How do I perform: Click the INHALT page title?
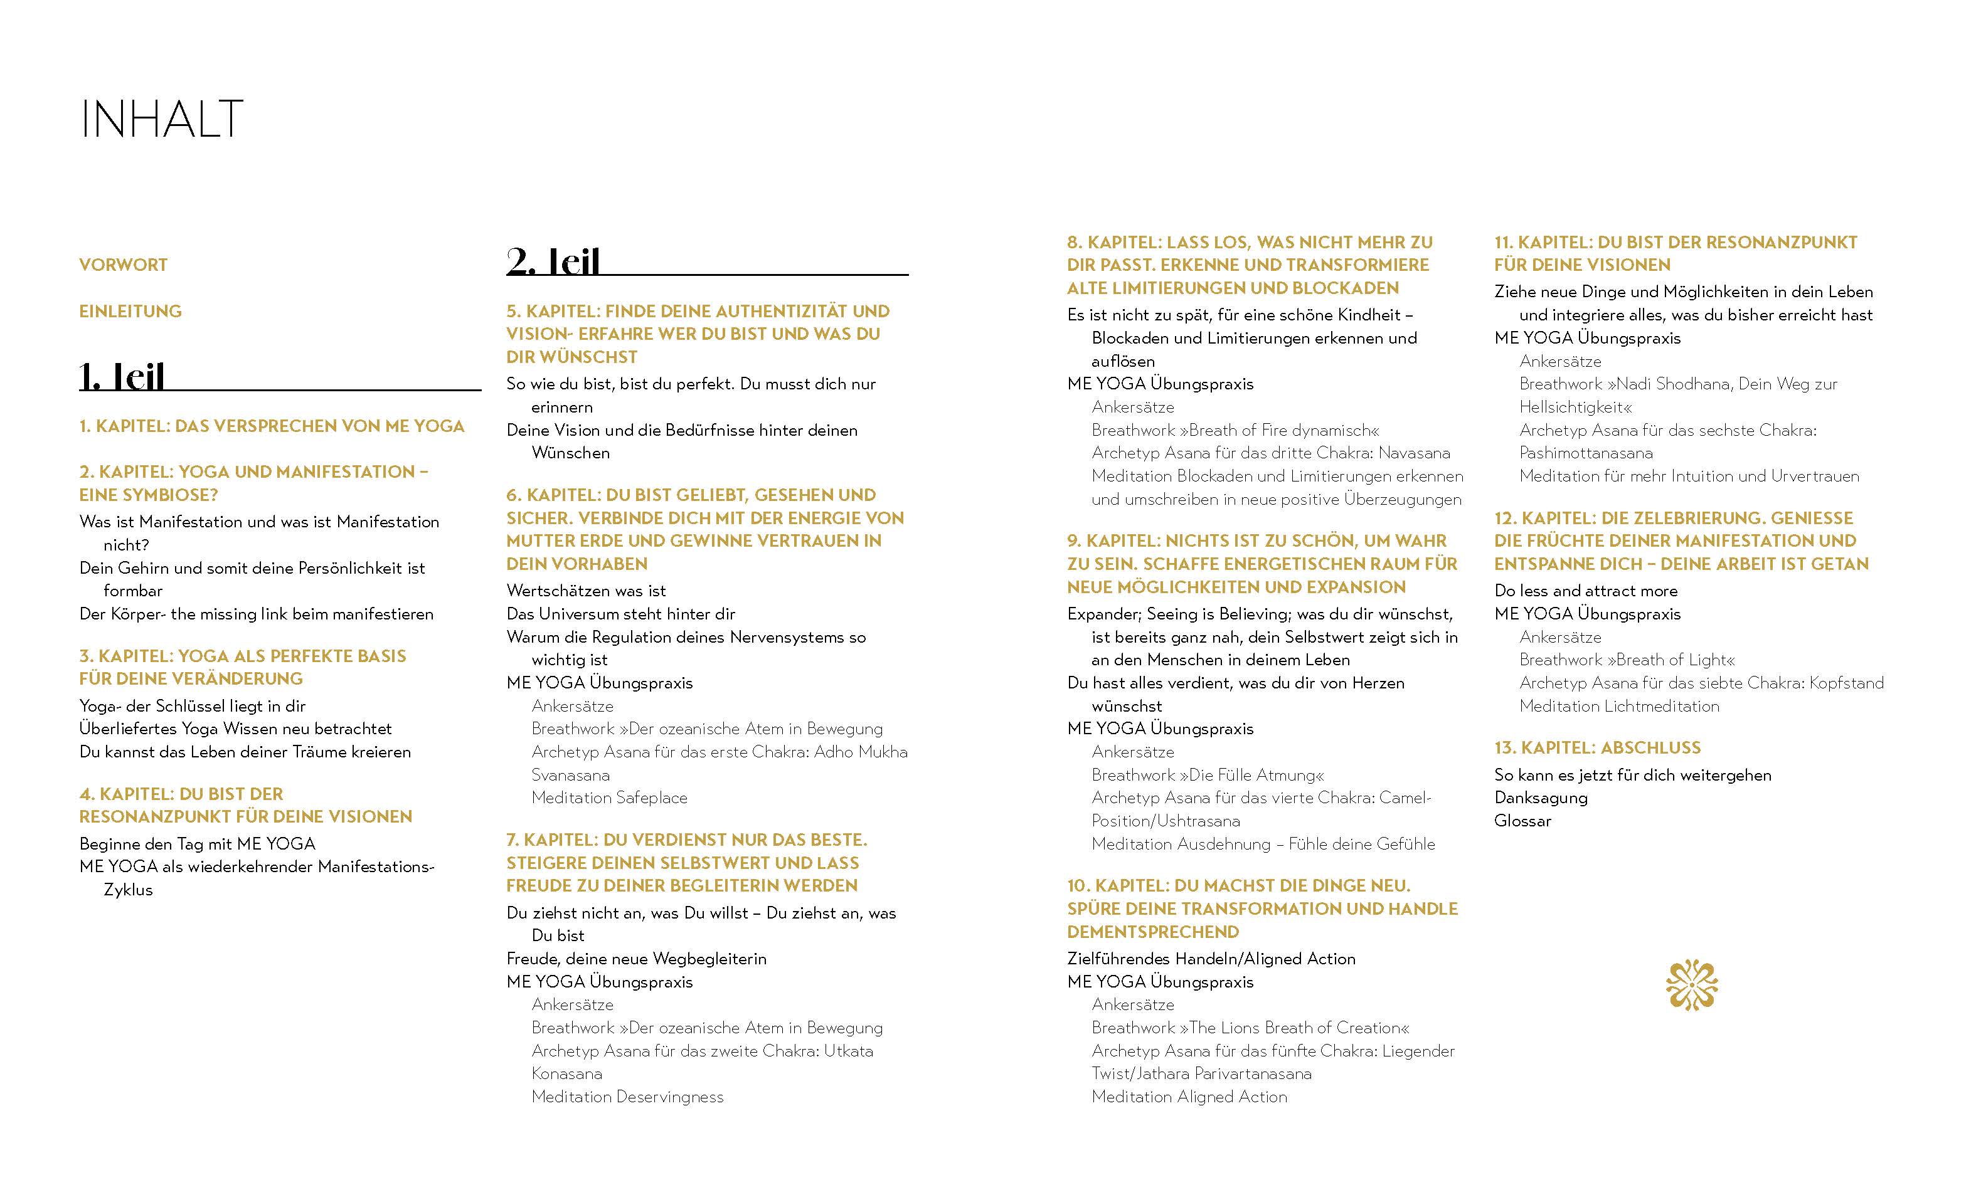(161, 120)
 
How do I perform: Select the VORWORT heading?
(123, 265)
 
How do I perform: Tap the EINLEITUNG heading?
(130, 312)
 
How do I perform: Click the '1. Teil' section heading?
(122, 376)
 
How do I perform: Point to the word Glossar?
(1522, 821)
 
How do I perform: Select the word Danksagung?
(1541, 798)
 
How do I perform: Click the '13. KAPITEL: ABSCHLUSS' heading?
(1597, 748)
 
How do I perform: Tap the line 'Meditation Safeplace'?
(609, 798)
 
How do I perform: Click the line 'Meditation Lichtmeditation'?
(1619, 707)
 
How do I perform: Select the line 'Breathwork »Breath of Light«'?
(1627, 660)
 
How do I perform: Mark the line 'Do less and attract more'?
(1585, 591)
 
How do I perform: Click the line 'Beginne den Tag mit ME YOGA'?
(197, 844)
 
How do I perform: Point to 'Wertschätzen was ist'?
(585, 591)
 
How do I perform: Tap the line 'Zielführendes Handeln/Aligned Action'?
(1211, 959)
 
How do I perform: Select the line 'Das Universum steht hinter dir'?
(620, 614)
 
